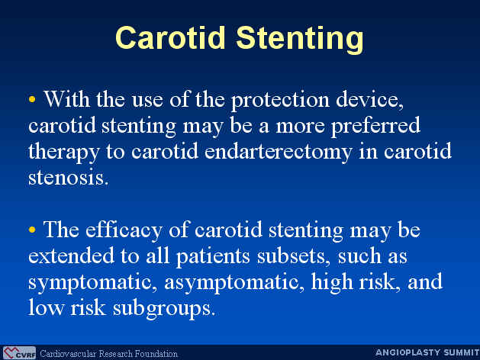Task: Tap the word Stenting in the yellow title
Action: pyautogui.click(x=300, y=40)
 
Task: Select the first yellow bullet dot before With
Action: pyautogui.click(x=32, y=99)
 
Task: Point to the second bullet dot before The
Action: pyautogui.click(x=32, y=230)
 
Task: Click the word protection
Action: pyautogui.click(x=280, y=101)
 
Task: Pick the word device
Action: pyautogui.click(x=369, y=99)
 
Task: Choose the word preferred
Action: pyautogui.click(x=375, y=125)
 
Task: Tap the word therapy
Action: pyautogui.click(x=63, y=153)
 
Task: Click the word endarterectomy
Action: pyautogui.click(x=278, y=153)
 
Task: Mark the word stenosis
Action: pyautogui.click(x=68, y=177)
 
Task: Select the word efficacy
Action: pyautogui.click(x=124, y=230)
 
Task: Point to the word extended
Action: pyautogui.click(x=71, y=256)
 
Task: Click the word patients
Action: pyautogui.click(x=213, y=257)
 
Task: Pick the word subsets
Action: pyautogui.click(x=294, y=256)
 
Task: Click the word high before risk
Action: pyautogui.click(x=332, y=282)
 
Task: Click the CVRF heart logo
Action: pyautogui.click(x=19, y=353)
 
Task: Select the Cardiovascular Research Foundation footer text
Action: pyautogui.click(x=108, y=354)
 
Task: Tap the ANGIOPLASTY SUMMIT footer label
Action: pyautogui.click(x=427, y=352)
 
